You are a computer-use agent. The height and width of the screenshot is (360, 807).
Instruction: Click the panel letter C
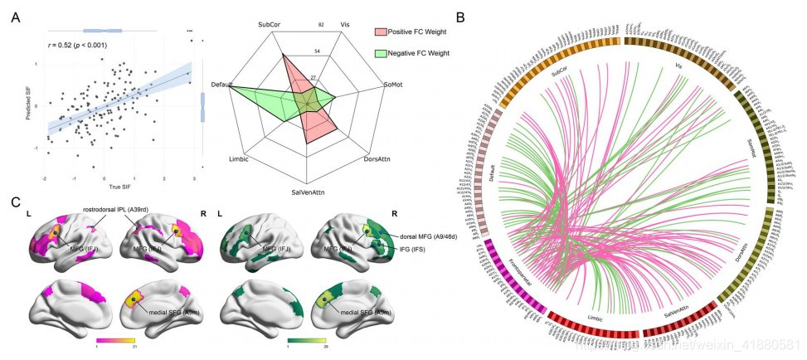(14, 202)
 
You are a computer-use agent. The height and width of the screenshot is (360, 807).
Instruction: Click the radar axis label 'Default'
(221, 85)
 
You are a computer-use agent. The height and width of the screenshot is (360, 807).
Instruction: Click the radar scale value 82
(322, 26)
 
